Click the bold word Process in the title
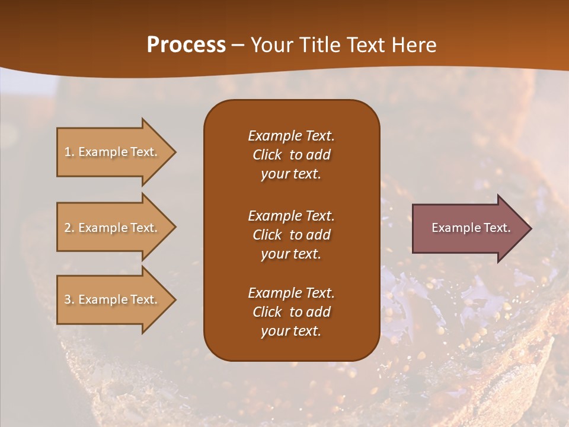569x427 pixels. click(x=186, y=45)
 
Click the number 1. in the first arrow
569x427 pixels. click(x=69, y=152)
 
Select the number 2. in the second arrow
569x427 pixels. click(x=69, y=228)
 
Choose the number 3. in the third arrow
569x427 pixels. click(x=69, y=299)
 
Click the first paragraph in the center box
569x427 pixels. click(x=291, y=155)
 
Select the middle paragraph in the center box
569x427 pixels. click(x=291, y=235)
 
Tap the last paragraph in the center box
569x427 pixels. click(x=291, y=312)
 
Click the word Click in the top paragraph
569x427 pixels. click(x=267, y=155)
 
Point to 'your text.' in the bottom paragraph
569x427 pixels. click(x=291, y=332)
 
